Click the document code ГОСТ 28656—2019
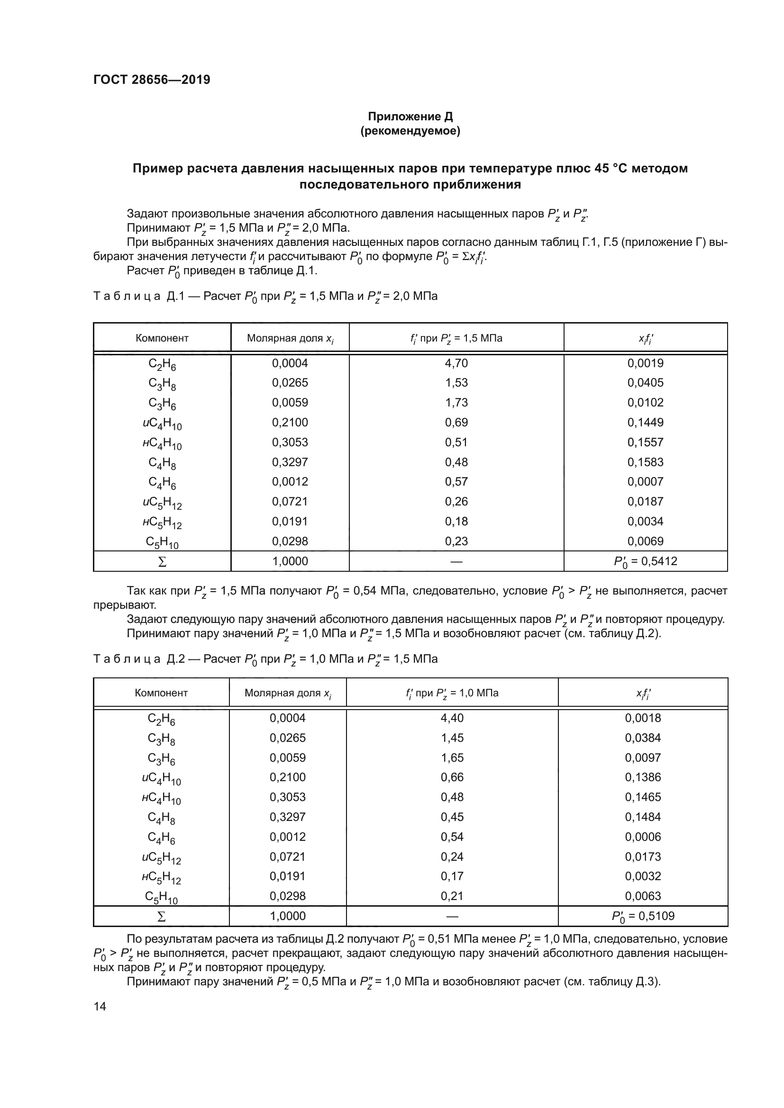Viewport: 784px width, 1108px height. pos(152,80)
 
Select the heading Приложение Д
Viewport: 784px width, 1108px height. pos(410,117)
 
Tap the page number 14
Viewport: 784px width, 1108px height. pos(100,1006)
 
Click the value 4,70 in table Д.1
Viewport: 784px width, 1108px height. pos(456,363)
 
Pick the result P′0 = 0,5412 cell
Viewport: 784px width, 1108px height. pos(645,561)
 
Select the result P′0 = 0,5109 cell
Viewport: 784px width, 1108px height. pos(643,916)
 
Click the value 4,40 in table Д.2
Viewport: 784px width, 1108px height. pos(452,718)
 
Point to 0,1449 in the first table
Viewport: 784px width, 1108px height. pos(645,422)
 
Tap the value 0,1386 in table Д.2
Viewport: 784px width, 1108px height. pos(643,777)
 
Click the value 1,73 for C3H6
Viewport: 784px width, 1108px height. pos(456,403)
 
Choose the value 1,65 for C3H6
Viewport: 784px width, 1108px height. pos(452,757)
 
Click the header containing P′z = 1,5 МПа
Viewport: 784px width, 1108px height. pos(456,338)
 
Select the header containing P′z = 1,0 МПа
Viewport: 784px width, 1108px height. pos(452,693)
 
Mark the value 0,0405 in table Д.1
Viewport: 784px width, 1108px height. pos(645,383)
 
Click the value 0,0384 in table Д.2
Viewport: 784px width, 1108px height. pos(643,738)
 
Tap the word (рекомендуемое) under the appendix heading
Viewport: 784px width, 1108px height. pos(410,131)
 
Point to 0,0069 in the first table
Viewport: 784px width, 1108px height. pos(645,541)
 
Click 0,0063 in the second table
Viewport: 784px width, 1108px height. pos(643,896)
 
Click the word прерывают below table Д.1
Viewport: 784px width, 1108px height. pos(124,604)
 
